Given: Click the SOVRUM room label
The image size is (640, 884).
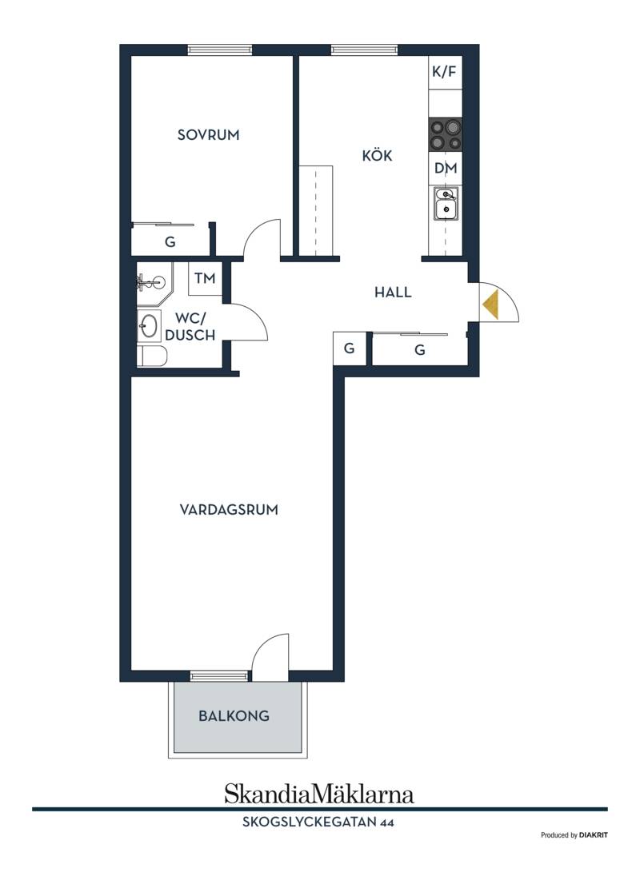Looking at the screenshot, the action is (208, 135).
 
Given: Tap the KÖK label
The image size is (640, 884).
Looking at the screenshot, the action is (377, 155).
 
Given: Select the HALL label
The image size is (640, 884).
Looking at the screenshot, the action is (393, 292).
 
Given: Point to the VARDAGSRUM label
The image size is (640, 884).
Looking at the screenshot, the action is (229, 510).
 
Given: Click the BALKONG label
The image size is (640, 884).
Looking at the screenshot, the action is (234, 716).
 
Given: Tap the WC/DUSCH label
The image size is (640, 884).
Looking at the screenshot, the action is (190, 327).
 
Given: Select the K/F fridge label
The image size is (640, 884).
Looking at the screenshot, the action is (444, 72).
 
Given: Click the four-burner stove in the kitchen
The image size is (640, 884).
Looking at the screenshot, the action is (446, 135).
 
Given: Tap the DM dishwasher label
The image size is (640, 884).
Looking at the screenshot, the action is (446, 168).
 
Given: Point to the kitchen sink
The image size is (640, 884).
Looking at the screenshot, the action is (446, 204).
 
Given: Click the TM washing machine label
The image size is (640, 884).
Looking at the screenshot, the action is (205, 278).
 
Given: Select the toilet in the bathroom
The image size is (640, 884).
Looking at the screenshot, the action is (152, 356).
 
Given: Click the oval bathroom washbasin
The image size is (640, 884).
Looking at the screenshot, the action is (149, 326).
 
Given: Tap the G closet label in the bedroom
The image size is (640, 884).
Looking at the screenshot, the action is (170, 242).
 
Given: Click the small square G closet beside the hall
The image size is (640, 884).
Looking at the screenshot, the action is (350, 348).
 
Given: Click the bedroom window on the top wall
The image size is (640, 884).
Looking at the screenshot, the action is (219, 50).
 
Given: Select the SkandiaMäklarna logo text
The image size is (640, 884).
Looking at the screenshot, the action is (319, 794).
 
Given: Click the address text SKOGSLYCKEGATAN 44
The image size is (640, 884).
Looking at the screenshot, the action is (318, 822).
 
